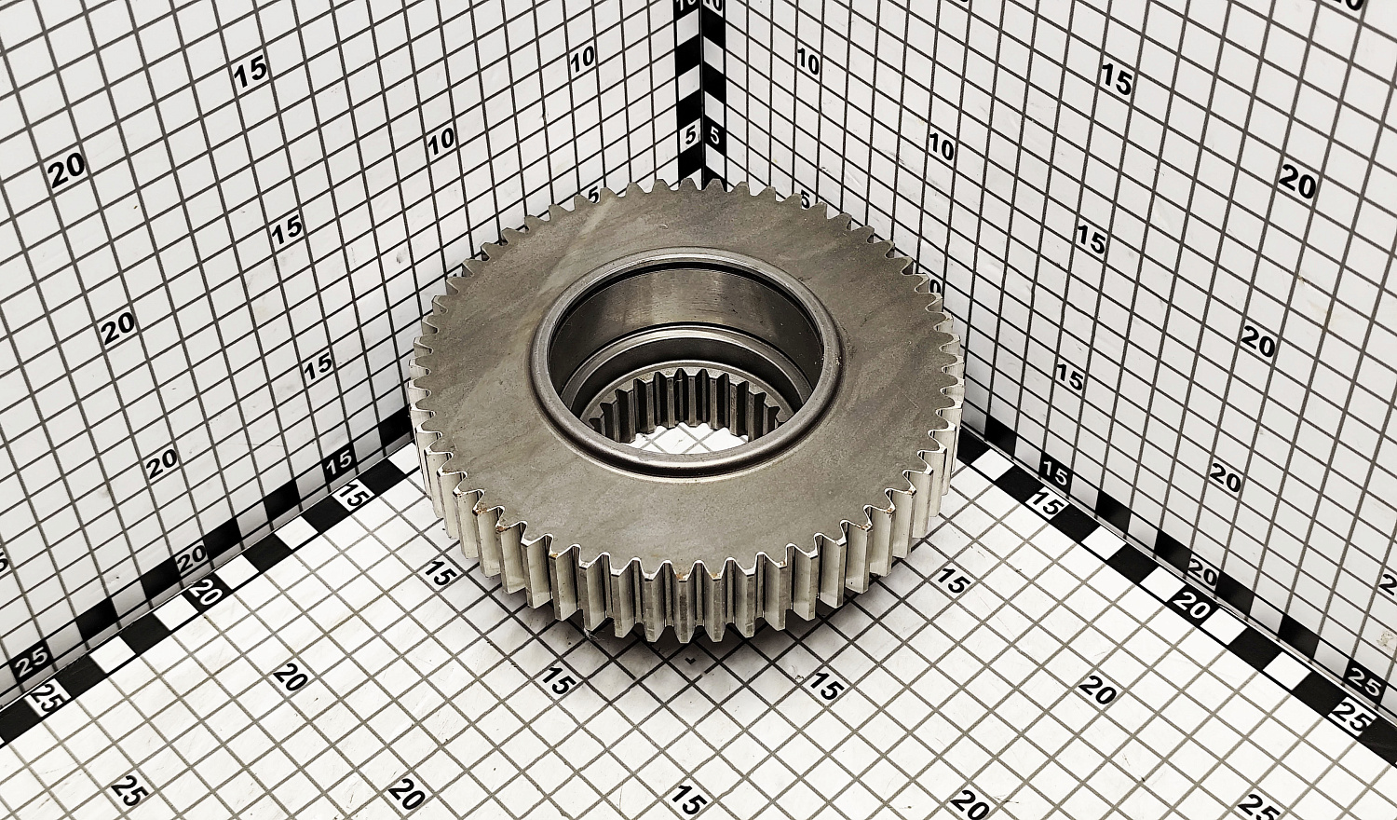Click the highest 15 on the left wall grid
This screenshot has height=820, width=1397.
coord(251,73)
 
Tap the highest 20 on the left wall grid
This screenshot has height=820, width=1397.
coord(69,170)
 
